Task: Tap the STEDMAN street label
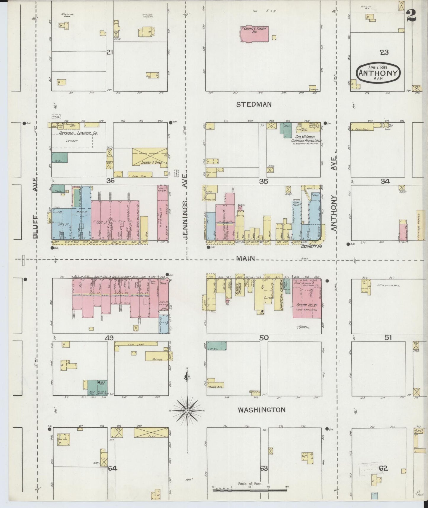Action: click(x=254, y=104)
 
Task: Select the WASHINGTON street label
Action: click(x=262, y=410)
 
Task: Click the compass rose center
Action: click(x=187, y=410)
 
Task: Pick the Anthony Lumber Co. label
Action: click(x=78, y=134)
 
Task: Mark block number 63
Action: click(x=264, y=469)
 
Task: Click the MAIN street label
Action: click(x=246, y=258)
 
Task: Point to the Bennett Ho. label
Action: click(x=311, y=246)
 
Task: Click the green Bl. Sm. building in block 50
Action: click(x=216, y=346)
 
